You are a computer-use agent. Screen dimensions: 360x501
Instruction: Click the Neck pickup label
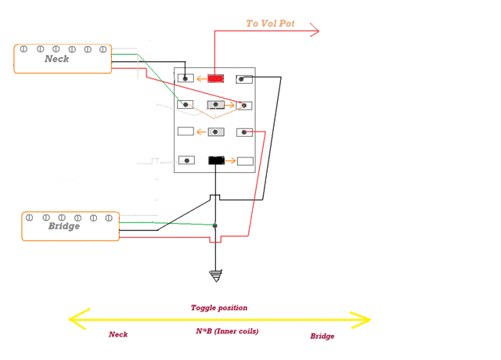click(56, 59)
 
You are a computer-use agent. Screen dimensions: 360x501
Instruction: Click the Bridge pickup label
click(64, 226)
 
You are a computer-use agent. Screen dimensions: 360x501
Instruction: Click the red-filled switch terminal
click(216, 78)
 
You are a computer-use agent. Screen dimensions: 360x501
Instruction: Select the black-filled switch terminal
click(216, 160)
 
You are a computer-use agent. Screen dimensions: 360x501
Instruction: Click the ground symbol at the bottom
click(216, 275)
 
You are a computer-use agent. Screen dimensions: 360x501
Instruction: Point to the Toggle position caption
click(219, 308)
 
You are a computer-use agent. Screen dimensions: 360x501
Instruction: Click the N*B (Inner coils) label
click(227, 331)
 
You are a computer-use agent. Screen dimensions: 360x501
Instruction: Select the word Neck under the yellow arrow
click(118, 334)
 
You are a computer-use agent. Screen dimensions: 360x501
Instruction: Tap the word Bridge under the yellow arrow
click(322, 336)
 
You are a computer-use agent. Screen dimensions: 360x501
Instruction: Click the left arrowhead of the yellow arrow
click(76, 319)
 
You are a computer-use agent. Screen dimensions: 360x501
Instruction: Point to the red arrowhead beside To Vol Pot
click(315, 31)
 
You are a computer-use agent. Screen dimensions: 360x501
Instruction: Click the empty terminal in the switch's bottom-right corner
click(245, 161)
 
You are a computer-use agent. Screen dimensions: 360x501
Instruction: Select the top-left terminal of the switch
click(186, 78)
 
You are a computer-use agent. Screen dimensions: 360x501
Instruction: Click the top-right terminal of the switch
click(245, 78)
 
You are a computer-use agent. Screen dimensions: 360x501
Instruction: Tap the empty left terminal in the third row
click(186, 131)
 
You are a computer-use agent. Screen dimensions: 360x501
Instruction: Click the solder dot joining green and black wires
click(215, 225)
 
